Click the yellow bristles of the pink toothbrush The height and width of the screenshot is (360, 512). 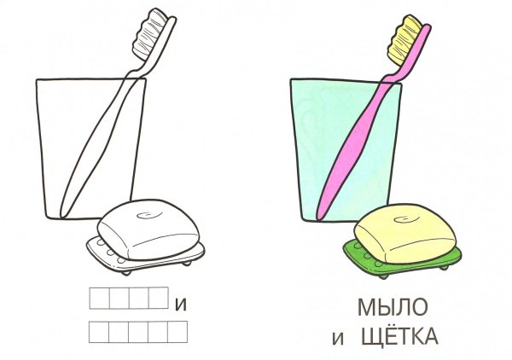coord(408,41)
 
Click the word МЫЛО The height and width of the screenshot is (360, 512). coord(392,305)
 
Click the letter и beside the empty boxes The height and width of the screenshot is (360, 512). coord(179,303)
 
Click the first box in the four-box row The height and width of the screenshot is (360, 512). coord(100,298)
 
